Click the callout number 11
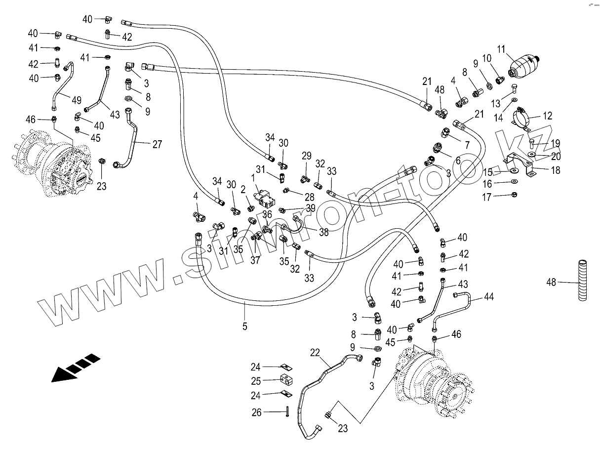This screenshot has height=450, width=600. point(501,49)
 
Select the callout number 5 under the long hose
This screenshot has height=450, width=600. point(244,326)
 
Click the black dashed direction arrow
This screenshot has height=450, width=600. point(76,368)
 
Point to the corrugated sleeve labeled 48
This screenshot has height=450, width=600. point(582,281)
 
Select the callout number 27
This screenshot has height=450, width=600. point(157,144)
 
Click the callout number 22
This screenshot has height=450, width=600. point(315,353)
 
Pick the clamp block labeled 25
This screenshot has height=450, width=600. point(286,380)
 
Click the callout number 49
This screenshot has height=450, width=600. point(77,100)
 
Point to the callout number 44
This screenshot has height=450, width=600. point(489,297)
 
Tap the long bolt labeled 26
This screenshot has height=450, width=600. point(287,411)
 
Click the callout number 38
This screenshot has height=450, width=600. point(323,232)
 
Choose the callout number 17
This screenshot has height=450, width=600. point(486,197)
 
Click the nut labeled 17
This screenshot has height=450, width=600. point(514,195)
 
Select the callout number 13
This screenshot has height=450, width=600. point(496,104)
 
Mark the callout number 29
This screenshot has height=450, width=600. point(307,156)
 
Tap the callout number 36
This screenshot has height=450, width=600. point(267,214)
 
